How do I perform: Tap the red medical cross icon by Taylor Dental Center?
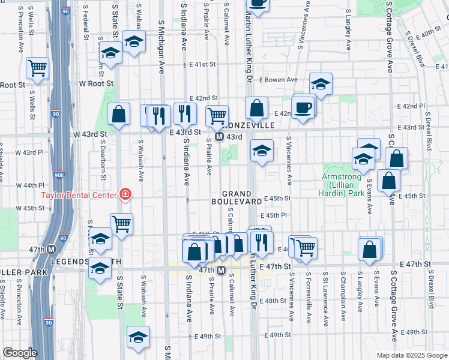(125, 194)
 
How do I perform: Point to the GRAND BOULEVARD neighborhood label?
(242, 197)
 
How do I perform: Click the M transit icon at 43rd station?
(220, 137)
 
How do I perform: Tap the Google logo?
(20, 352)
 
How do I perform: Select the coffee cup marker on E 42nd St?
(303, 108)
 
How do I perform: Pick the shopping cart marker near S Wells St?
(37, 67)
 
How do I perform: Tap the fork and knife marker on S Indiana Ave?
(185, 112)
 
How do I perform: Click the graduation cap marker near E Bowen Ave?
(321, 83)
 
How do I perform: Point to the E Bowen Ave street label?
(278, 79)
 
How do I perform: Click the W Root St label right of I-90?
(89, 84)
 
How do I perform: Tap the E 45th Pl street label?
(273, 215)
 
